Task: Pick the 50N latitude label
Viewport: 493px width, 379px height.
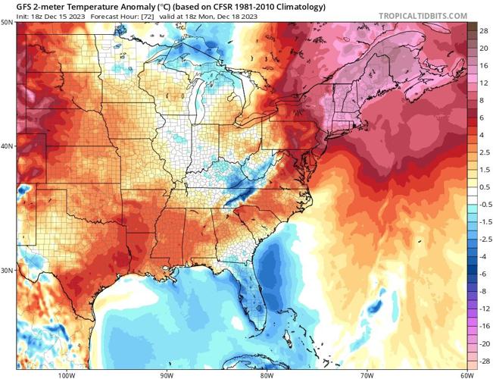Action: pos(7,23)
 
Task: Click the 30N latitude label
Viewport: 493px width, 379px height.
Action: pos(7,270)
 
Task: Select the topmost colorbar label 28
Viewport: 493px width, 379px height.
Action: pos(482,27)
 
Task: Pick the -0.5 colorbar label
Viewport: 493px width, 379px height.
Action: pos(482,205)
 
